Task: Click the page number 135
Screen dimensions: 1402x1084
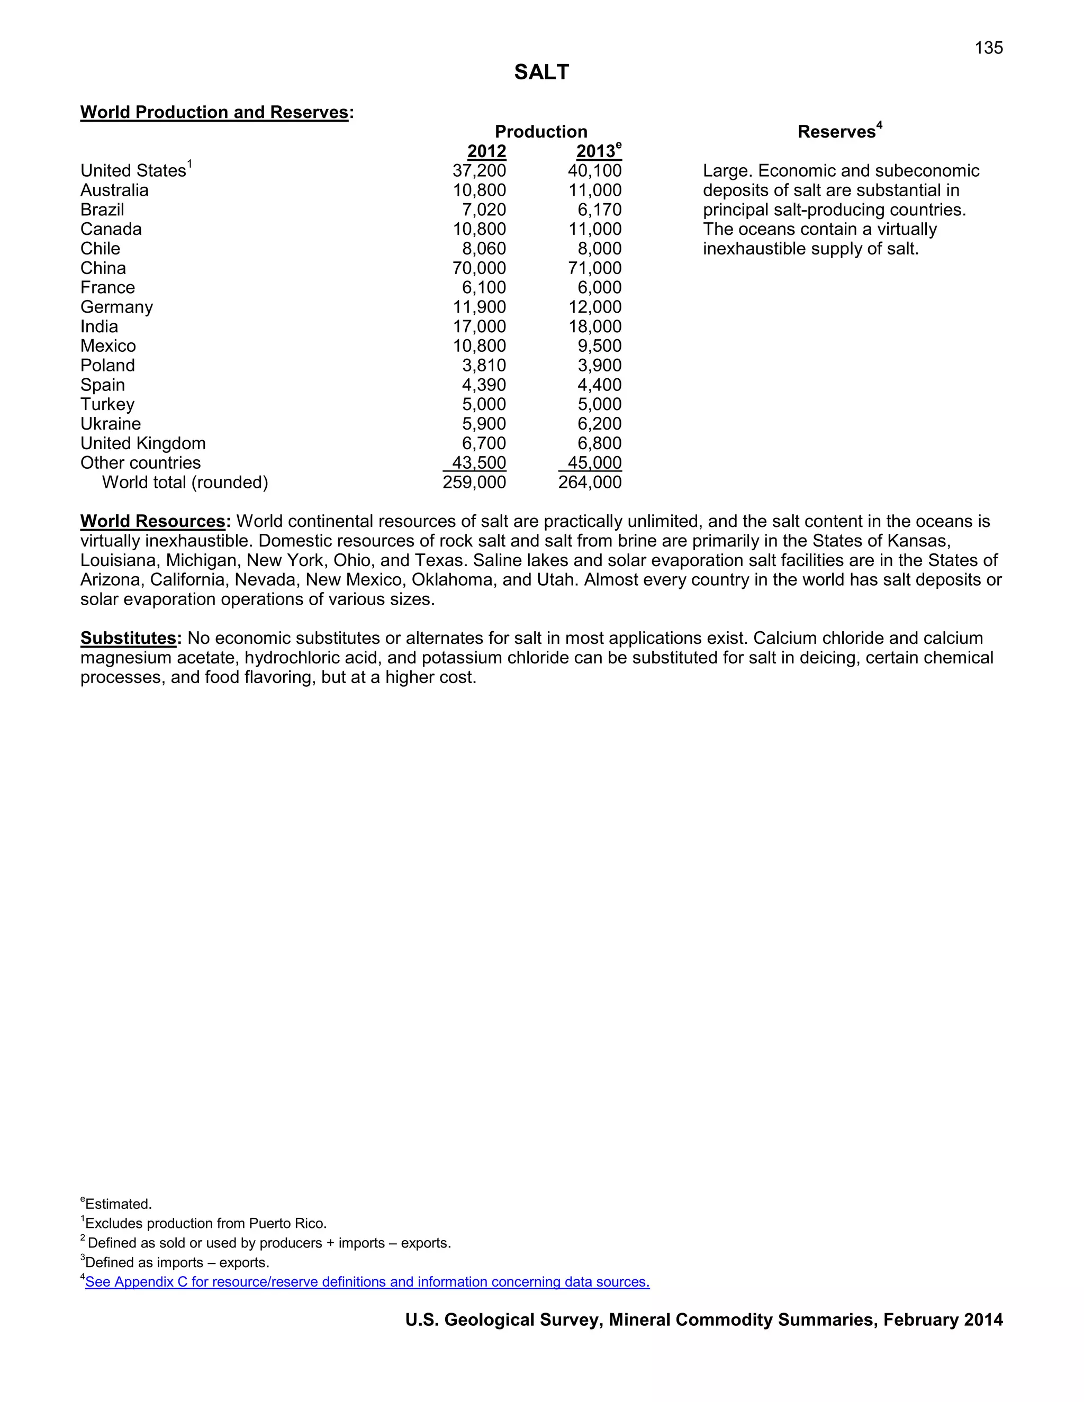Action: coord(988,48)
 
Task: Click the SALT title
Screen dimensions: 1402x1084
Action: coord(541,72)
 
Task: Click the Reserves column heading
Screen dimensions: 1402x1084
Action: coord(836,132)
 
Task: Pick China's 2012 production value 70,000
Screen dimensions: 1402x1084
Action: coord(479,268)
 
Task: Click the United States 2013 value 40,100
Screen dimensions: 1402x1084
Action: coord(594,171)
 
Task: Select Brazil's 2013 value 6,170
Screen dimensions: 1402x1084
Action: coord(599,210)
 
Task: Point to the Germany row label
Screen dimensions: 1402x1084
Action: coord(116,307)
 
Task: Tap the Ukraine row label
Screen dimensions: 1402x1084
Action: coord(111,424)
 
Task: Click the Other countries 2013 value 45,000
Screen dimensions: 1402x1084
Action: coord(594,463)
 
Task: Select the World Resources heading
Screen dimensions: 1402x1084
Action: coord(153,521)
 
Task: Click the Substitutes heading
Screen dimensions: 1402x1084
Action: coord(129,638)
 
